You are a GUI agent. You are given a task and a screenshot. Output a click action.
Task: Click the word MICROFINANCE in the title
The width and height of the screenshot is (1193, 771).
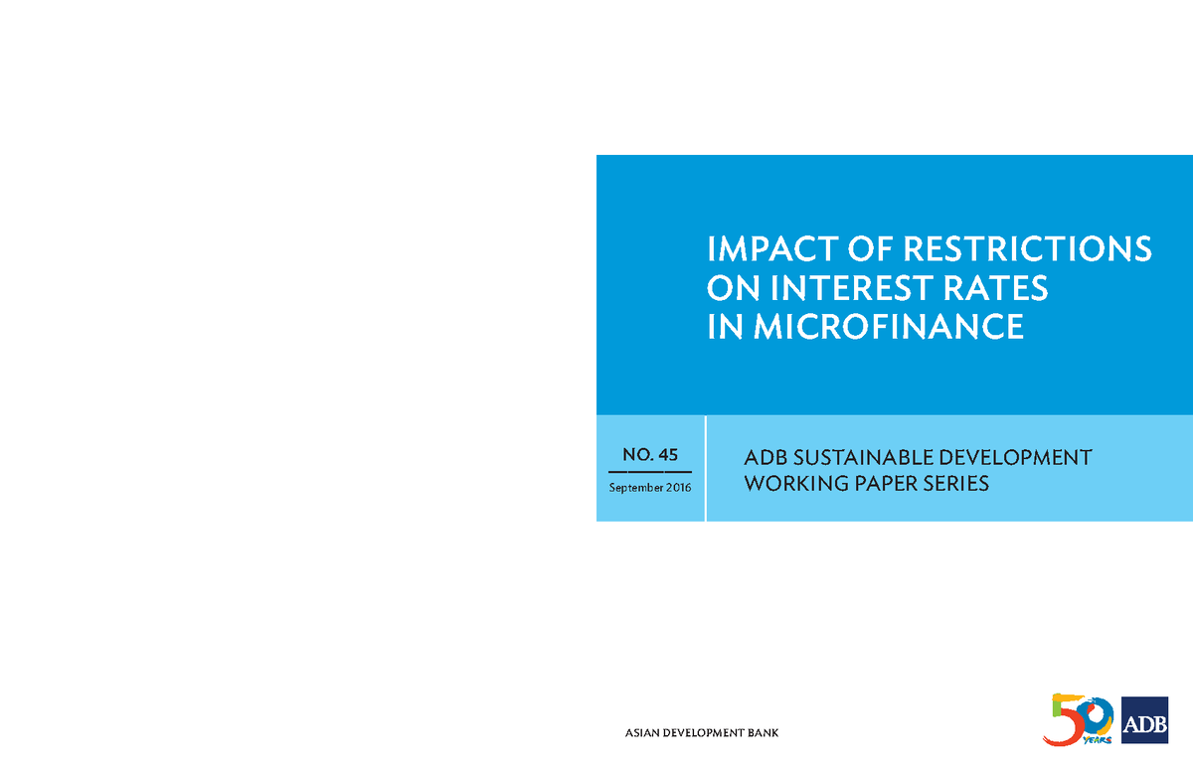pyautogui.click(x=888, y=327)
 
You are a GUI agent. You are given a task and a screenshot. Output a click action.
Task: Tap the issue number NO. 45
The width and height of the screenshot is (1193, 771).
pyautogui.click(x=650, y=455)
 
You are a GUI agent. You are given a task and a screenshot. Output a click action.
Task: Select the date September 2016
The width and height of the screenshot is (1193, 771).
pyautogui.click(x=650, y=488)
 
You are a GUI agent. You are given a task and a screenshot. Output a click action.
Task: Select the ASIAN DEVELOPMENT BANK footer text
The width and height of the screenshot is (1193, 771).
pyautogui.click(x=702, y=733)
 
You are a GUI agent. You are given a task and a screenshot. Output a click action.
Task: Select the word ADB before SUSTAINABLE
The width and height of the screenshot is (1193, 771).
pyautogui.click(x=764, y=458)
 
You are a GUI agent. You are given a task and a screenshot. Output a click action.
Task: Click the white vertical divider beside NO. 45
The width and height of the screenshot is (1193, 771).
pyautogui.click(x=705, y=469)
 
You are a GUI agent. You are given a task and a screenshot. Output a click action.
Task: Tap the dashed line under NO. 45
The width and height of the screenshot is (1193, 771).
pyautogui.click(x=650, y=471)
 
